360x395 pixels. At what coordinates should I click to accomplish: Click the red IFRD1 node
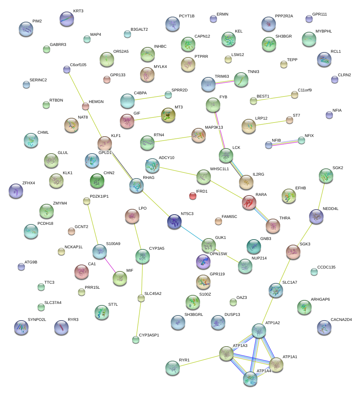pos(193,196)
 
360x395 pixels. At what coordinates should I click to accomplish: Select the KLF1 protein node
pos(105,143)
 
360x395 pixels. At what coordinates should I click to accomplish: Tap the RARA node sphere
pos(249,202)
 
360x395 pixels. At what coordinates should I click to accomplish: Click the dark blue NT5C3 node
pos(175,221)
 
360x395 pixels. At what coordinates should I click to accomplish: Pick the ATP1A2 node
pos(259,330)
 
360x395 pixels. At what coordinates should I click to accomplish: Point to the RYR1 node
pos(173,368)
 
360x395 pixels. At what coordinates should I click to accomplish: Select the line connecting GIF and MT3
pos(148,118)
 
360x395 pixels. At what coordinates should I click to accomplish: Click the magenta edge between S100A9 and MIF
pos(110,265)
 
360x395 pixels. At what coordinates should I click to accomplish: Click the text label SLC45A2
pos(153,293)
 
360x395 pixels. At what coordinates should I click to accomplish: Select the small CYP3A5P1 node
pos(135,340)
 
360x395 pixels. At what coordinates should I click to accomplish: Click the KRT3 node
pos(67,18)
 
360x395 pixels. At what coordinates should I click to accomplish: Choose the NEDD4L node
pos(317,216)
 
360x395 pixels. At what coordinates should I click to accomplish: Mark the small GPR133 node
pos(107,80)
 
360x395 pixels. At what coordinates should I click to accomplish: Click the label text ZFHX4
pos(29,183)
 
